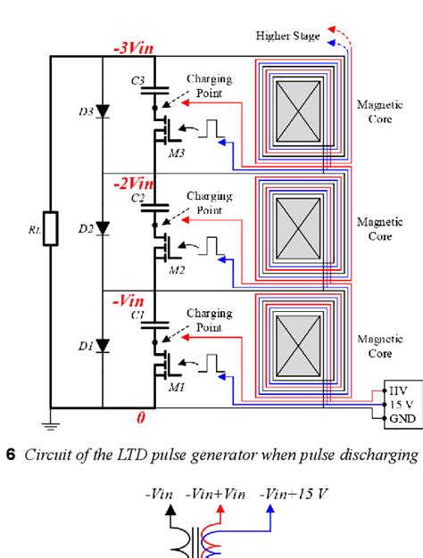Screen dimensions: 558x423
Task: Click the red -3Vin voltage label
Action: coord(134,49)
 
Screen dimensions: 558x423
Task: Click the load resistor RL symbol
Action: coord(52,228)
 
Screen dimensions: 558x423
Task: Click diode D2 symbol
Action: coord(104,228)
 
